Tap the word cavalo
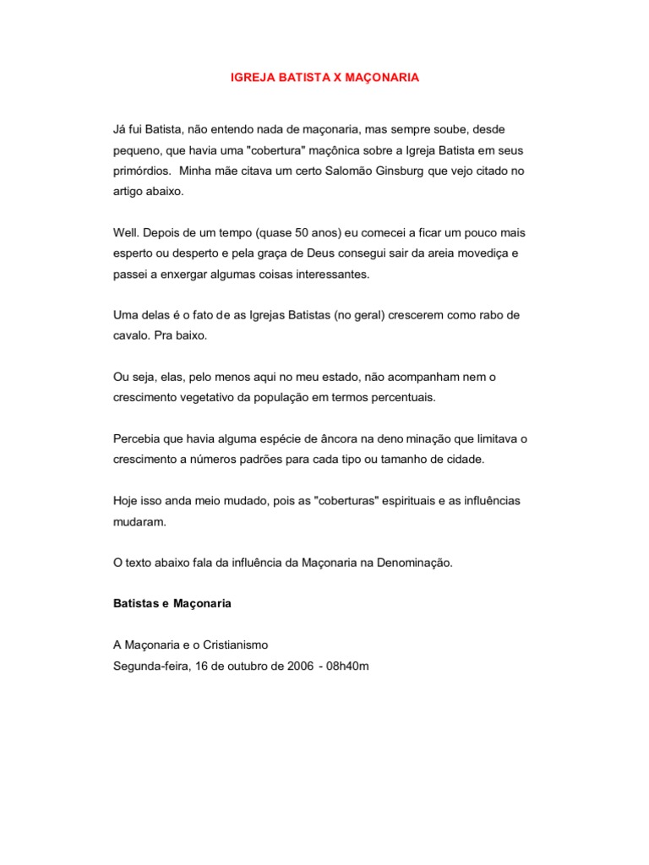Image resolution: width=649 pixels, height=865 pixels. (x=131, y=335)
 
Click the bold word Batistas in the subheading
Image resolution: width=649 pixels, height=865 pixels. (x=138, y=605)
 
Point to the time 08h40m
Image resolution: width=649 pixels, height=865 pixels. (x=348, y=666)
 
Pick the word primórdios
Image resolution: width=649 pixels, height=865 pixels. (x=141, y=171)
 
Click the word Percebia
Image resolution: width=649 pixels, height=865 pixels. (x=139, y=438)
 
